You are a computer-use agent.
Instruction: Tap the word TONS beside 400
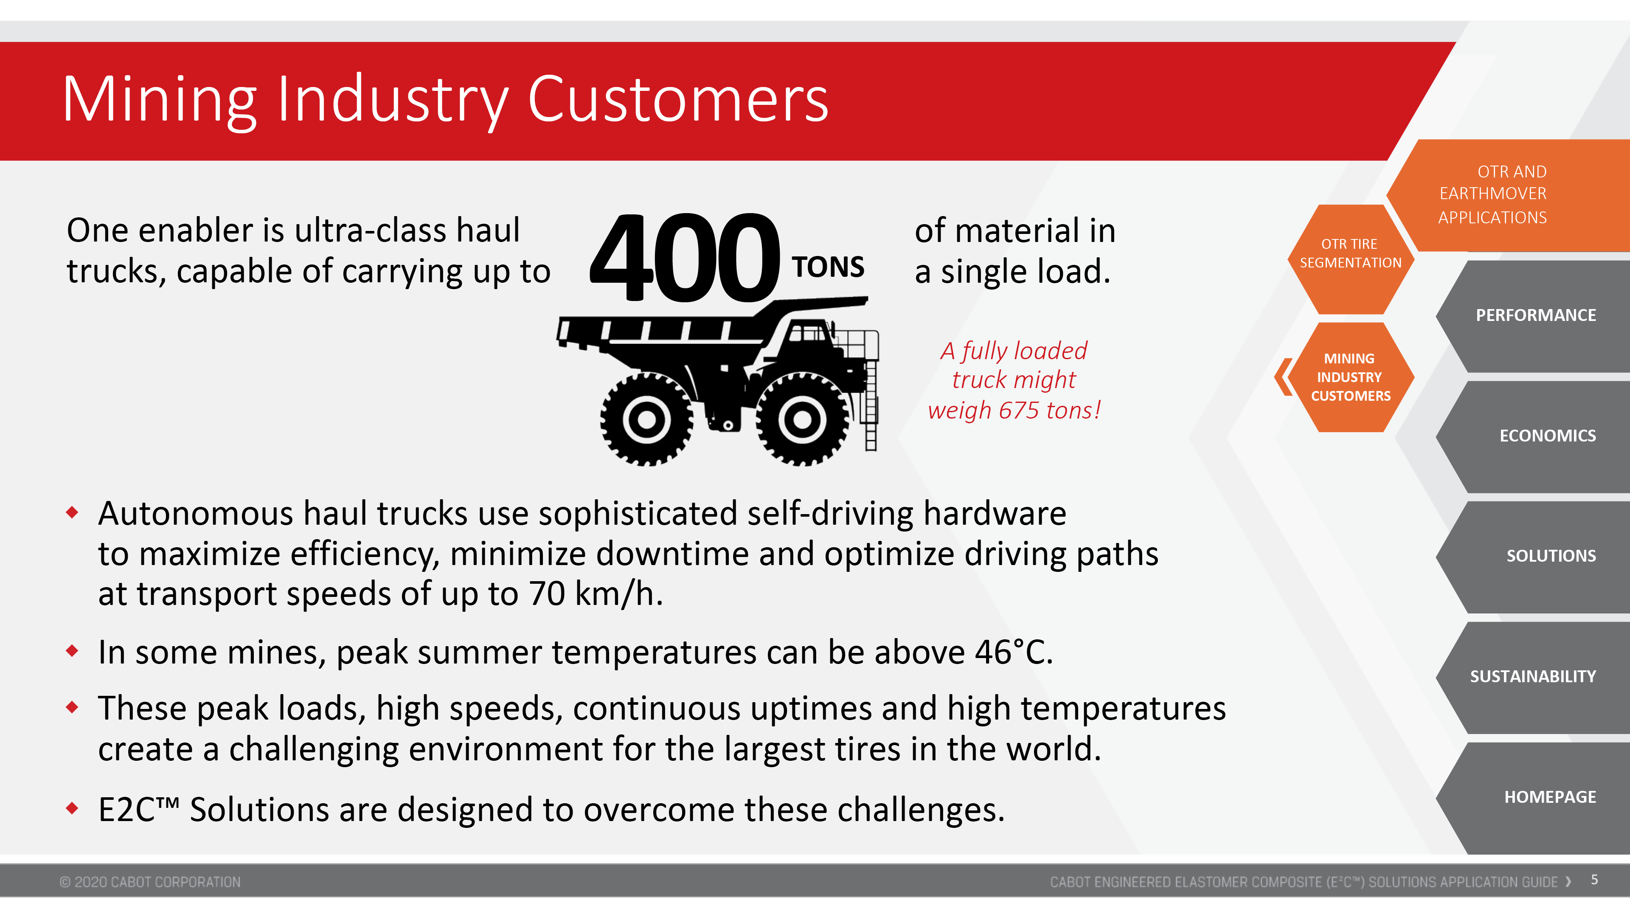point(828,267)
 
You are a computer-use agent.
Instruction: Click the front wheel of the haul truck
point(802,419)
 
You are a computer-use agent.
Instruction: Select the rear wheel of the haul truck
point(646,419)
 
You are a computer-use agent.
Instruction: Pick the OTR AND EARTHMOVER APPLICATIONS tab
point(1509,195)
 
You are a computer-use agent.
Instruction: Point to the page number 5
point(1595,880)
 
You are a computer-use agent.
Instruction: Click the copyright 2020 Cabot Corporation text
point(150,882)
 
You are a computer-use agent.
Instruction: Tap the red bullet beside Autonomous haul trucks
point(72,512)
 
